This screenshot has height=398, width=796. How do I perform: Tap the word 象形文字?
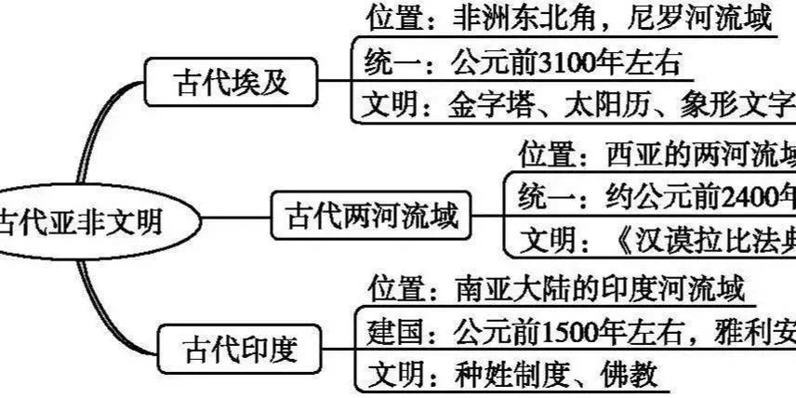click(x=735, y=102)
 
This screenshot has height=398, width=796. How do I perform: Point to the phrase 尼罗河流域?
click(x=699, y=20)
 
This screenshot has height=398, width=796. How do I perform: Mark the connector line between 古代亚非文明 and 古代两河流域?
click(x=233, y=220)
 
